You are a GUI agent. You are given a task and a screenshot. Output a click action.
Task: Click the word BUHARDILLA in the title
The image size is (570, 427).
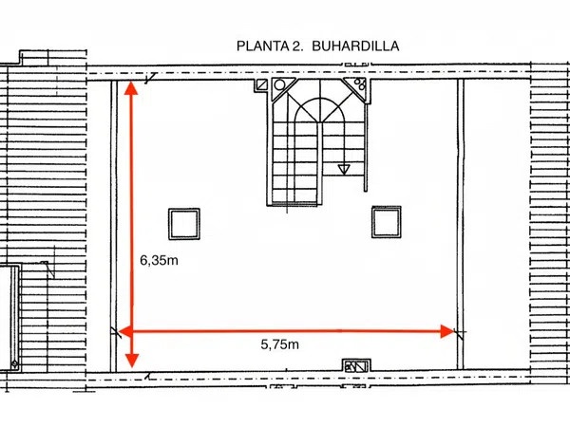[355, 46]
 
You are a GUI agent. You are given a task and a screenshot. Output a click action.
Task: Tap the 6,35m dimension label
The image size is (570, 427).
[159, 260]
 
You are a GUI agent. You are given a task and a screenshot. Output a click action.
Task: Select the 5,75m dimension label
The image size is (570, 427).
[279, 344]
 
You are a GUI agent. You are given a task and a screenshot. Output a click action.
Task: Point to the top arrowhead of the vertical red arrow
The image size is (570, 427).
[131, 88]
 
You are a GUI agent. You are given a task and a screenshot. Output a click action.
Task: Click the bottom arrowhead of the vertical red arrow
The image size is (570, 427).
[132, 361]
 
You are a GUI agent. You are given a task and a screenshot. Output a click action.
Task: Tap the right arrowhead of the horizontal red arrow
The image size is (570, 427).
[447, 331]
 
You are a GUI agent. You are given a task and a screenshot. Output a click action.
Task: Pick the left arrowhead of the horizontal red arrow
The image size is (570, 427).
[125, 331]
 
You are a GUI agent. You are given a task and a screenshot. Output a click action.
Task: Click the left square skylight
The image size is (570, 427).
[184, 224]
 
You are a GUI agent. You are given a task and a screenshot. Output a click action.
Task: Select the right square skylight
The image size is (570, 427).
[387, 222]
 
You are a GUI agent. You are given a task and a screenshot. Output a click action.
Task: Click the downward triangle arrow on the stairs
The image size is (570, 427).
[344, 169]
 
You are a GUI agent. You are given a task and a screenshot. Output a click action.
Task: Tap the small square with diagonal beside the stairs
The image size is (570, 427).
[261, 85]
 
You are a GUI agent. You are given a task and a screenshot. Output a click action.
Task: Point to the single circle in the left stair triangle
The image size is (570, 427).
[279, 85]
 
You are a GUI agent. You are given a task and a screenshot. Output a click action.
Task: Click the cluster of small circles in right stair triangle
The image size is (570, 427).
[360, 84]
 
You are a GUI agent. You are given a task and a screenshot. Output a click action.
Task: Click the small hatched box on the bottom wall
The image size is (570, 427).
[356, 366]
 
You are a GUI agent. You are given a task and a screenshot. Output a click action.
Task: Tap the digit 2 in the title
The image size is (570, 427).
[294, 46]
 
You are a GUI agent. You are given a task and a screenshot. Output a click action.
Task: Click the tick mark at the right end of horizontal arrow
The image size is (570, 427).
[460, 333]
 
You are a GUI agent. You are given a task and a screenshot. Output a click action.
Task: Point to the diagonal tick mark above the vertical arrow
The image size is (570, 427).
[150, 78]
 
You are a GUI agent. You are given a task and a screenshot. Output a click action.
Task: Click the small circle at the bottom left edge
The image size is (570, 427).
[15, 363]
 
